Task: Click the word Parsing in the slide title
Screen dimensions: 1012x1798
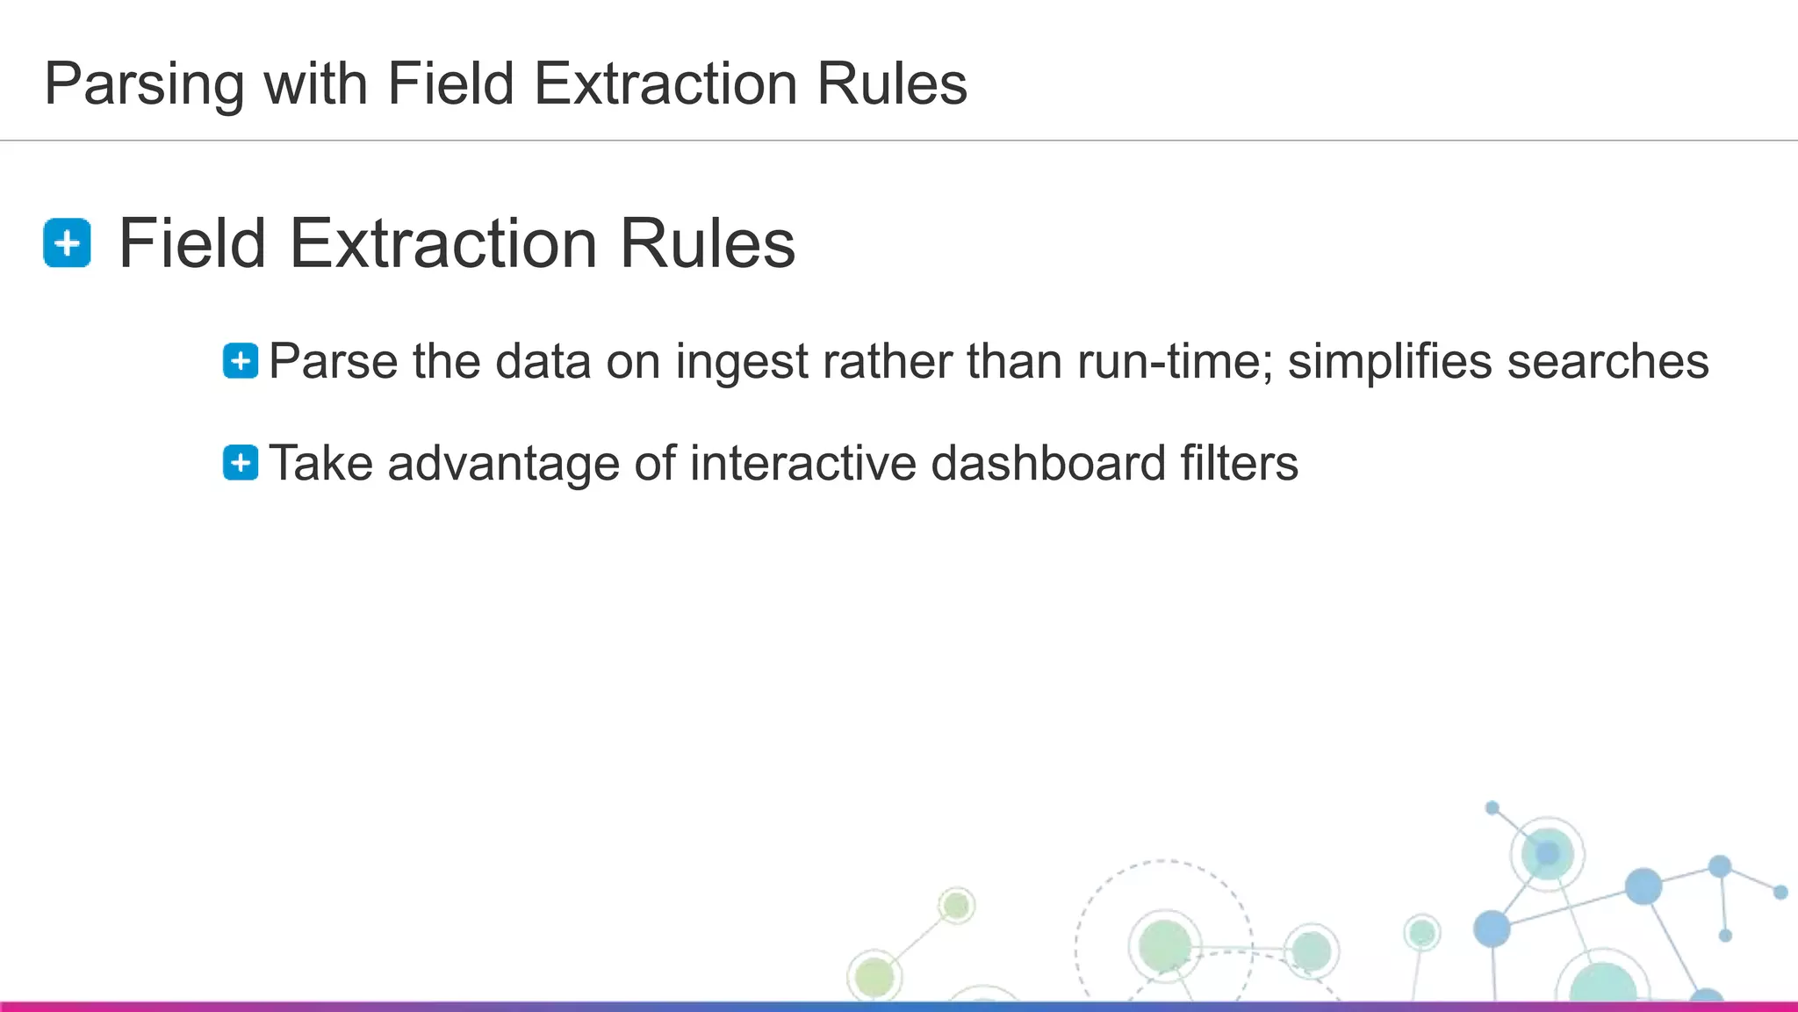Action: (144, 85)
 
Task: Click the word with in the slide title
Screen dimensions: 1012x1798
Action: (315, 83)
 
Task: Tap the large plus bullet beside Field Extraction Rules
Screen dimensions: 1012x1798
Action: (67, 242)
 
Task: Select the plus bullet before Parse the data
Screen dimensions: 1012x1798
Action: (241, 361)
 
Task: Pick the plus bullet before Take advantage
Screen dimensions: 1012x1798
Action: (241, 463)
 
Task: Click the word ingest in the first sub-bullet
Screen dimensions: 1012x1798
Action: (741, 363)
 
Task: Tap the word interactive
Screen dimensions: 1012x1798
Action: (802, 463)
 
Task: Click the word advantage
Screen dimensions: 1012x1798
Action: (503, 465)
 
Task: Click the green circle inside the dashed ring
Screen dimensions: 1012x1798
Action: (1164, 945)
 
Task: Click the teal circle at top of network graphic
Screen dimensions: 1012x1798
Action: (1547, 852)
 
